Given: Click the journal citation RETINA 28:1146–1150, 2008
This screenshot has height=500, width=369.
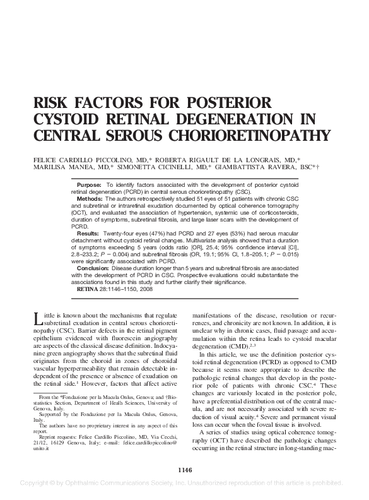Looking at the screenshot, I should [120, 289].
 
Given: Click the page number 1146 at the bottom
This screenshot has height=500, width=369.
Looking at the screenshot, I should [184, 470].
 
